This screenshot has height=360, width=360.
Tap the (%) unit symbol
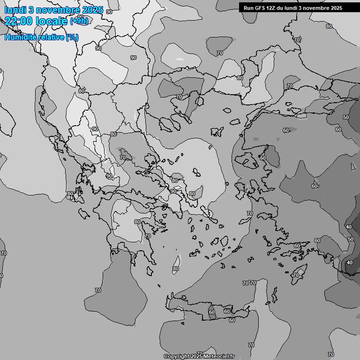click(x=72, y=37)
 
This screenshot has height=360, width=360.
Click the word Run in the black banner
click(x=248, y=8)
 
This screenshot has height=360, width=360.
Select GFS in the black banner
click(x=259, y=8)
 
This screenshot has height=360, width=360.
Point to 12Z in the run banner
click(x=270, y=8)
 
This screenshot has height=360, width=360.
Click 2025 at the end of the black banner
click(x=336, y=8)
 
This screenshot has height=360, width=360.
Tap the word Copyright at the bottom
click(x=176, y=357)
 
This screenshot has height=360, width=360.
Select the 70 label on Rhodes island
click(x=296, y=275)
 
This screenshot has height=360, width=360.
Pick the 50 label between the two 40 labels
click(x=351, y=239)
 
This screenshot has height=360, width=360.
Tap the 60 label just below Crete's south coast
click(x=232, y=320)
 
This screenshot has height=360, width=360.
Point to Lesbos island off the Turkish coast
click(x=249, y=160)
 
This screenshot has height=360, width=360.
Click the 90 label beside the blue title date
click(x=109, y=11)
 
